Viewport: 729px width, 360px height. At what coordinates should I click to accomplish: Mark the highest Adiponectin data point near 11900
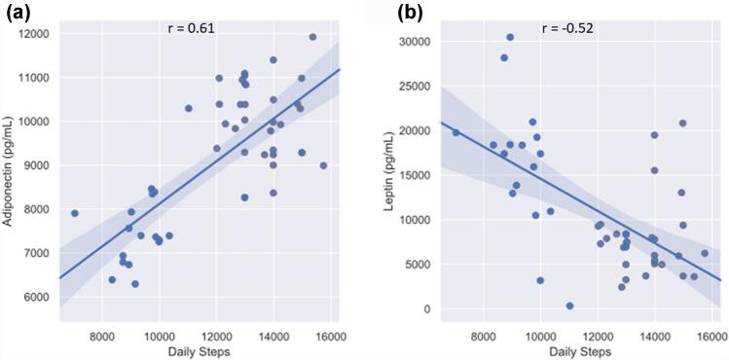point(312,37)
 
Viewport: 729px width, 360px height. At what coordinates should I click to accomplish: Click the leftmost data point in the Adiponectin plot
point(75,213)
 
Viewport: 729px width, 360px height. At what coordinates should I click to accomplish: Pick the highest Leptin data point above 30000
point(510,37)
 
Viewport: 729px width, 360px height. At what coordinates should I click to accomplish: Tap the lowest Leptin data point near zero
point(569,306)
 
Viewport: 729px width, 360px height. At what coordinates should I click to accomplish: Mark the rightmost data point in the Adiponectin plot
point(324,165)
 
